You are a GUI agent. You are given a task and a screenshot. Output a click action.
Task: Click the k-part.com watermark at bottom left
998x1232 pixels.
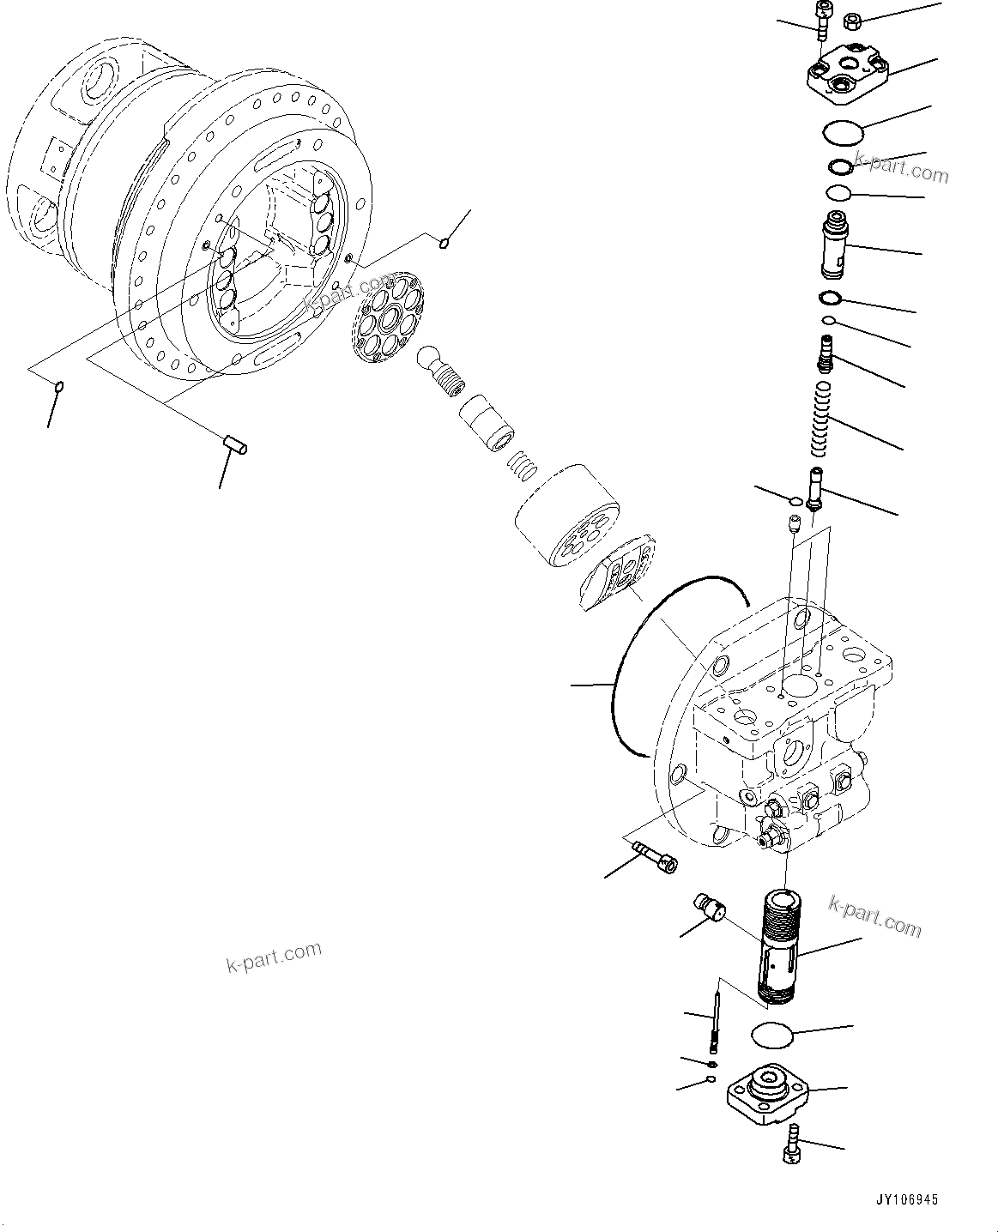274,957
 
